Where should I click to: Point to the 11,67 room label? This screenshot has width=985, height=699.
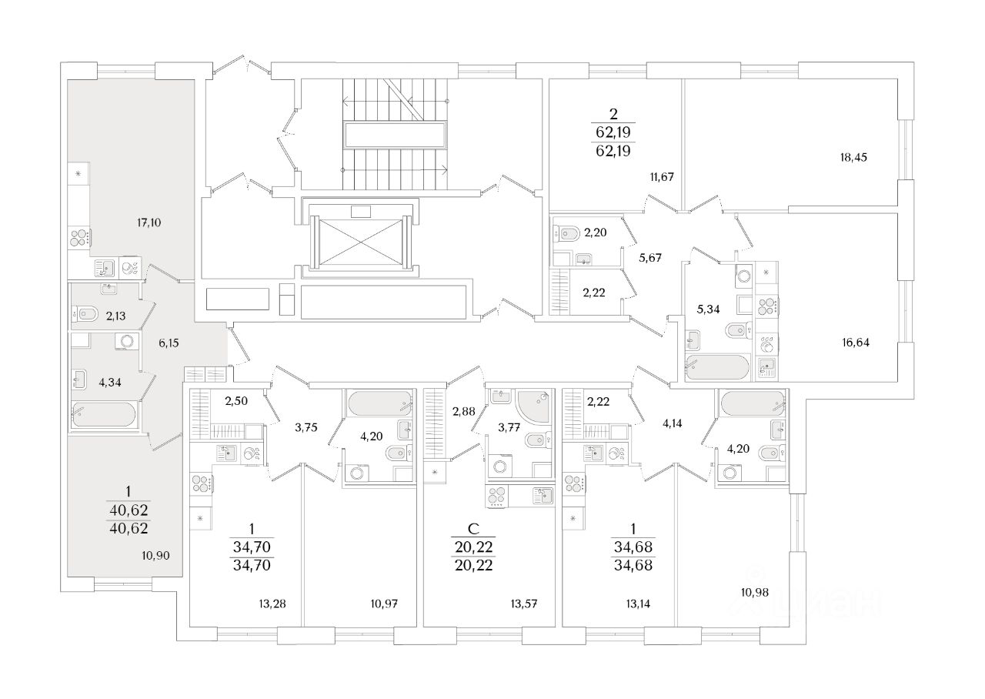[661, 177]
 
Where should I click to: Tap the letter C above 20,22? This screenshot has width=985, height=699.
[474, 530]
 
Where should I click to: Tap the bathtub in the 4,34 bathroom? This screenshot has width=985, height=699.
[105, 413]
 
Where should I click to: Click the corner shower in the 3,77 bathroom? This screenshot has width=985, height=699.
[532, 406]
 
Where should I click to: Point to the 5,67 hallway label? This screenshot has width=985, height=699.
[652, 257]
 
